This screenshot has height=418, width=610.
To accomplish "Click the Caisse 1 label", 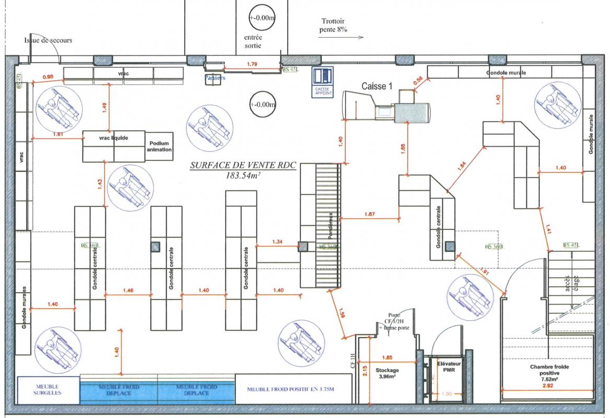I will click(376, 86).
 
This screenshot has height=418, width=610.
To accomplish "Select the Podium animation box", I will click(160, 146).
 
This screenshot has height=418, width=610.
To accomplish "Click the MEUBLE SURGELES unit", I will click(48, 389).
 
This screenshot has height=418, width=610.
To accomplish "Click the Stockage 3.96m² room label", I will click(386, 373).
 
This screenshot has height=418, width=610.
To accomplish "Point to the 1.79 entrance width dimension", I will click(251, 64).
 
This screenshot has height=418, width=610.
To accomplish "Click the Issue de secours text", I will click(48, 40).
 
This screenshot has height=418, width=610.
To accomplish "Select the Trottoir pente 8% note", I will click(333, 25).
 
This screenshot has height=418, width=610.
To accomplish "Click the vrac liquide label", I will click(113, 138).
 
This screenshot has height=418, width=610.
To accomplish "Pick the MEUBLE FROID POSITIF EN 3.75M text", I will click(290, 389).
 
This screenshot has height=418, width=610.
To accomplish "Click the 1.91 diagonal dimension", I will click(483, 272).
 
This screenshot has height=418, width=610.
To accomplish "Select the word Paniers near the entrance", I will click(215, 78).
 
